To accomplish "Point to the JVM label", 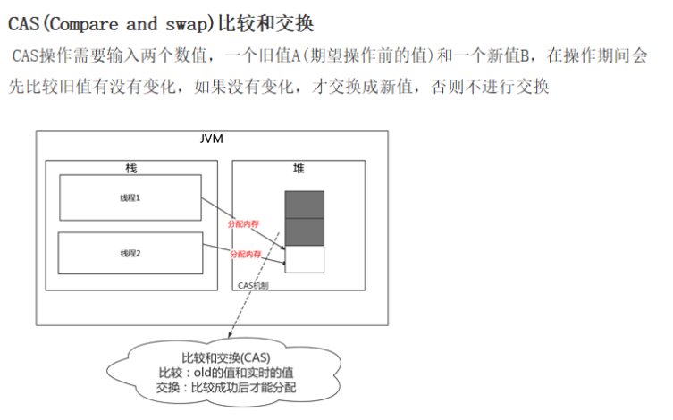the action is [212, 140].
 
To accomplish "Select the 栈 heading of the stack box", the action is [131, 168].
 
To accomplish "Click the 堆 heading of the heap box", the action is [298, 168].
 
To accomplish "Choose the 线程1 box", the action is [130, 197].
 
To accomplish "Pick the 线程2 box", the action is [130, 254].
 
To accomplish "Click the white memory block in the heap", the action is [304, 259].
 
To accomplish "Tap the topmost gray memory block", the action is [304, 205].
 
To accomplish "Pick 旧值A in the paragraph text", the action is [278, 56].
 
